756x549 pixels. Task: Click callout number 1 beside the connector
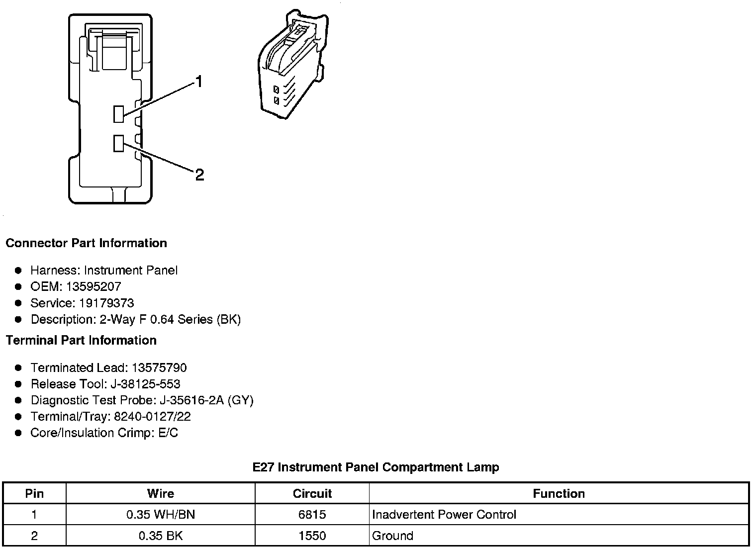199,82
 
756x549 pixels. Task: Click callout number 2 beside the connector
199,175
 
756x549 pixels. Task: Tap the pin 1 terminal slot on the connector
118,114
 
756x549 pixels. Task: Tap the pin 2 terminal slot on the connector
118,143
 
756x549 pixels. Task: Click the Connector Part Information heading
86,243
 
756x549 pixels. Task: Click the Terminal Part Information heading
81,340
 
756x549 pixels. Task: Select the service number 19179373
106,303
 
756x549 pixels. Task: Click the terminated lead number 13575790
159,367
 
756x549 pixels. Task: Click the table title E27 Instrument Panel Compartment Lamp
376,467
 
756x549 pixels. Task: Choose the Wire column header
161,493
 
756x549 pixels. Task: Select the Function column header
559,493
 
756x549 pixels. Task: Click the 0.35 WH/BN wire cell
161,514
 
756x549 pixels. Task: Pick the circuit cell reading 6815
312,514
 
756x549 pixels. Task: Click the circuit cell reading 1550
312,536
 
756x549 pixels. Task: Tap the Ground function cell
392,536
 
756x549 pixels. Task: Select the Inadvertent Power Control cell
444,514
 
